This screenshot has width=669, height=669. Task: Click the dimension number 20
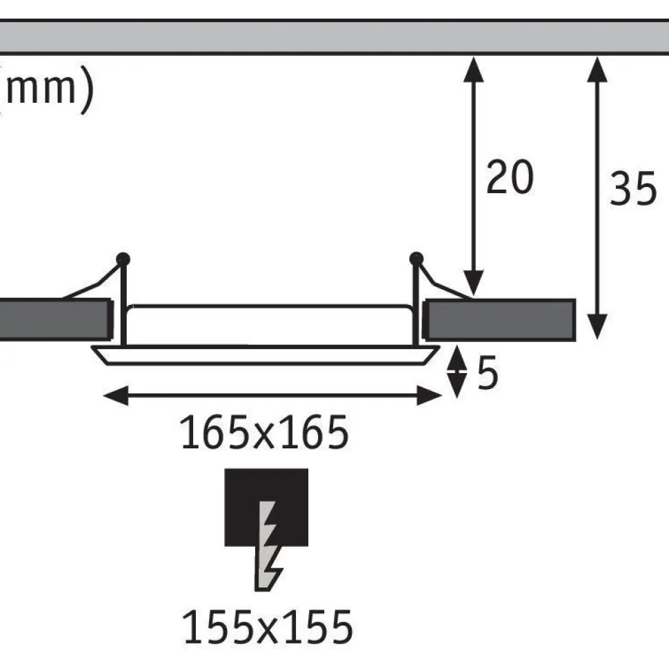pyautogui.click(x=510, y=177)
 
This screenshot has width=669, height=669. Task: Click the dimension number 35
pyautogui.click(x=633, y=188)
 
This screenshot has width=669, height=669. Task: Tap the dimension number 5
pyautogui.click(x=488, y=372)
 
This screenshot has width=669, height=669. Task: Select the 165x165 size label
pyautogui.click(x=265, y=432)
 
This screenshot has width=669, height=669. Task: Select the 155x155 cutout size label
pyautogui.click(x=268, y=627)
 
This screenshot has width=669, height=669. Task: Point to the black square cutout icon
pyautogui.click(x=266, y=507)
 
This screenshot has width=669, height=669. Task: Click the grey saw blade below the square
pyautogui.click(x=268, y=546)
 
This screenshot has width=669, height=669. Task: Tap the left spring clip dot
pyautogui.click(x=123, y=259)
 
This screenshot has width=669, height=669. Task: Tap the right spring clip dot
pyautogui.click(x=416, y=259)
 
